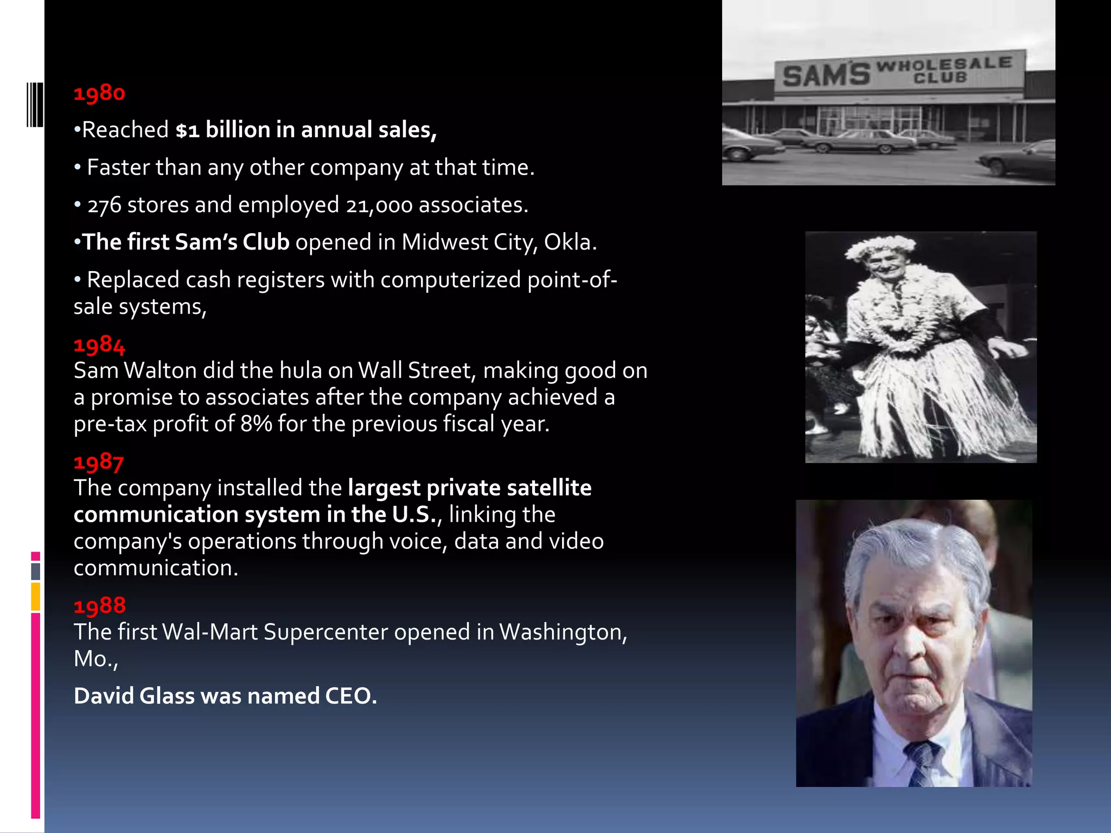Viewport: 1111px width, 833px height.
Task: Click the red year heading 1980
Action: coord(99,93)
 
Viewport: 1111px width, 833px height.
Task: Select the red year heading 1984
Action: coord(99,345)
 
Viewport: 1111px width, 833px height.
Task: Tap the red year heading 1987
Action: coord(99,462)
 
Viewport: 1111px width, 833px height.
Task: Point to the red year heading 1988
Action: coord(100,606)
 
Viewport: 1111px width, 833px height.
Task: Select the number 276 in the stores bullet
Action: coord(104,206)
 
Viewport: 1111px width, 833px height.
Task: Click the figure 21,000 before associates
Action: coord(379,206)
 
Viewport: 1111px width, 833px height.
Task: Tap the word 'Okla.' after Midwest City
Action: coord(570,242)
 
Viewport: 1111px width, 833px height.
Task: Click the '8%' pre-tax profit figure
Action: coord(256,424)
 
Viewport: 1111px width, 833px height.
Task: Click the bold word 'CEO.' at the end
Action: coord(350,696)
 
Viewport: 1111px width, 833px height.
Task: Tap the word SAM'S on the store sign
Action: coord(826,75)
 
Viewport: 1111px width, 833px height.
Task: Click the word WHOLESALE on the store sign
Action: coord(944,64)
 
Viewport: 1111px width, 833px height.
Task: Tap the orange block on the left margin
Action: coord(35,597)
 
